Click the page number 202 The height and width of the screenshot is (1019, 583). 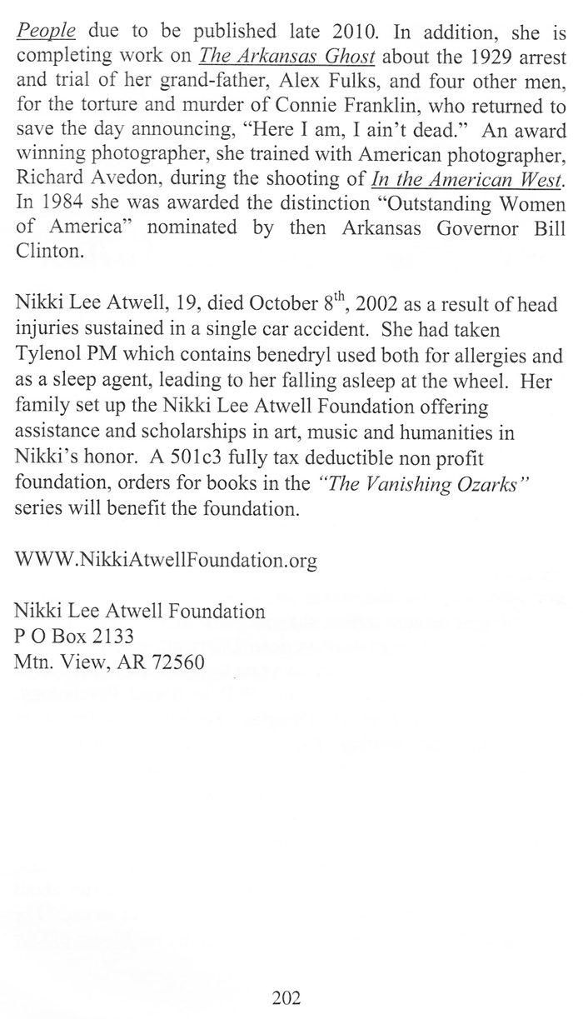click(x=286, y=997)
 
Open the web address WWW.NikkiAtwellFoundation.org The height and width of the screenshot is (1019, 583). click(x=166, y=560)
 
